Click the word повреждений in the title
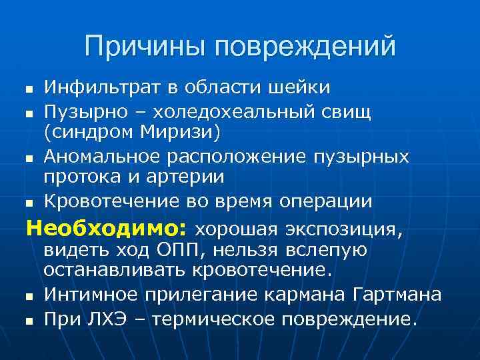coord(305,46)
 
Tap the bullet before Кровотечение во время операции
coord(29,202)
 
